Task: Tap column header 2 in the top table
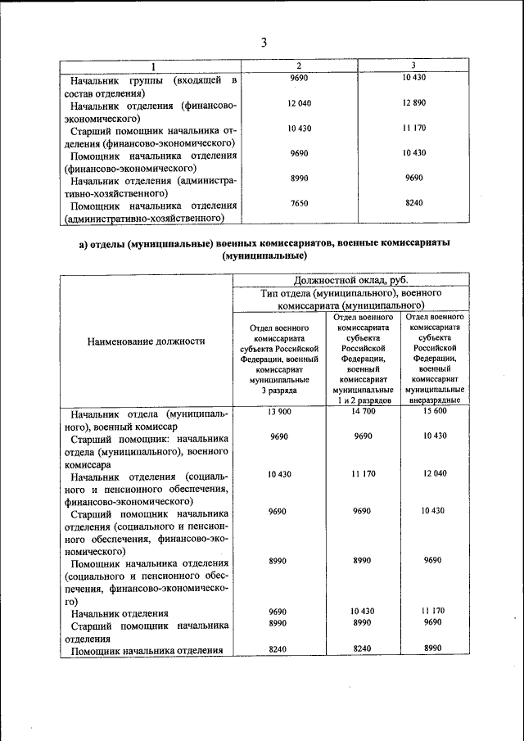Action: tap(298, 66)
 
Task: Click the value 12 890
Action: tap(413, 102)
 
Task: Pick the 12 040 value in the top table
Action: tap(299, 102)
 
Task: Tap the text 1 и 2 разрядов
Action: tap(363, 401)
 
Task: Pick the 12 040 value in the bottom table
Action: tap(433, 474)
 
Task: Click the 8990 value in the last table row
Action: tap(433, 648)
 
